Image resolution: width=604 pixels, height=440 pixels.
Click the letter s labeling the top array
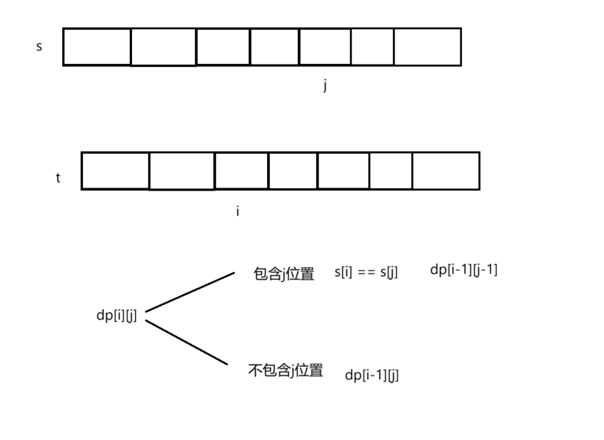(x=39, y=47)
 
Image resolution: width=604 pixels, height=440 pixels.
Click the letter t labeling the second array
(x=58, y=177)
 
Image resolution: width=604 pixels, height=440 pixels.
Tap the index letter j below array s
(x=325, y=86)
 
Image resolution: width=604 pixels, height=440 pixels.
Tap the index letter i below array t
(x=237, y=211)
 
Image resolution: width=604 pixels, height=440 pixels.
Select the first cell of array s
(x=97, y=47)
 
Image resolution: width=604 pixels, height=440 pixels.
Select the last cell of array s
(x=427, y=47)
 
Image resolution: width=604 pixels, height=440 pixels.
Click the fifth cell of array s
(x=325, y=47)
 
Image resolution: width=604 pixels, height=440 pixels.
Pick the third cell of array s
(x=223, y=47)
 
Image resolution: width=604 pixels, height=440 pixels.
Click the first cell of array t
(x=115, y=170)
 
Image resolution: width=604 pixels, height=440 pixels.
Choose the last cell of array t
(x=446, y=170)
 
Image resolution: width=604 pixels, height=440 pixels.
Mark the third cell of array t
(x=242, y=170)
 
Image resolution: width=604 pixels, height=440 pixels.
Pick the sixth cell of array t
(x=391, y=170)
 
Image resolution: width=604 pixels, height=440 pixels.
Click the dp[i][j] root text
(x=117, y=315)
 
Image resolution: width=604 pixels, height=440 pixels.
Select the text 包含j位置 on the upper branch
(x=284, y=274)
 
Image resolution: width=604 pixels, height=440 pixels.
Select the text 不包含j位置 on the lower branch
(x=286, y=370)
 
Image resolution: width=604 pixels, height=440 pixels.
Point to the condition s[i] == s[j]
(x=367, y=273)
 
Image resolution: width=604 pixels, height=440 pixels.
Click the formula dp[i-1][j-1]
(x=464, y=270)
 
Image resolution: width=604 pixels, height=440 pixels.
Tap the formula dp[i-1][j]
(x=372, y=375)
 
